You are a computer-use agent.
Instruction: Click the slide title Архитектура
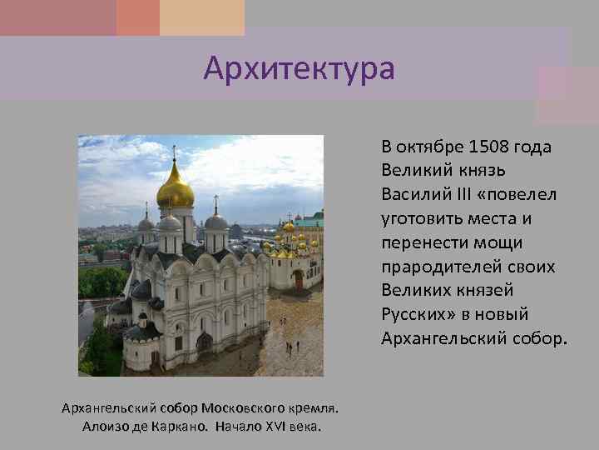[x=299, y=68]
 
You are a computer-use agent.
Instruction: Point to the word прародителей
[x=433, y=266]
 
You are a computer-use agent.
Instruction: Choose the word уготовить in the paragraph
[x=419, y=218]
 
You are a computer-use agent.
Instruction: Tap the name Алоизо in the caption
[x=104, y=427]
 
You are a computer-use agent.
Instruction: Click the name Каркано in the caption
[x=181, y=427]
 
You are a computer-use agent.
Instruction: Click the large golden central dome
[x=176, y=190]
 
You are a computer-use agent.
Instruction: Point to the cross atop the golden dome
[x=175, y=152]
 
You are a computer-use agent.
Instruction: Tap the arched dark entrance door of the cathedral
[x=204, y=342]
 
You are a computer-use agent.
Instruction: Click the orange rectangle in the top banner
[x=138, y=17]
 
